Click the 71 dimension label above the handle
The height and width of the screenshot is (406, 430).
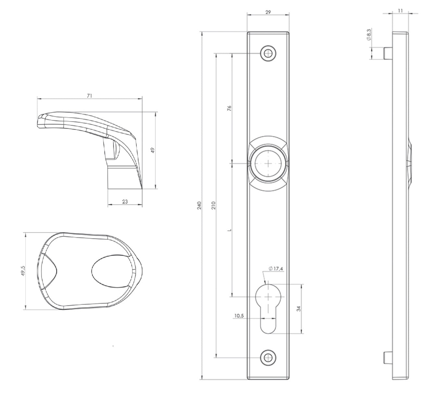(89, 96)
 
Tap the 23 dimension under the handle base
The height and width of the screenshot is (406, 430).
(125, 202)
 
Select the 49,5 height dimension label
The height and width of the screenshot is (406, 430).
(23, 271)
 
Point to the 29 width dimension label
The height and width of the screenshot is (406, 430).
(268, 12)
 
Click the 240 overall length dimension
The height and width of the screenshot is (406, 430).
(199, 205)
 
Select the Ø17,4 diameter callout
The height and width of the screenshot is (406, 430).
(276, 269)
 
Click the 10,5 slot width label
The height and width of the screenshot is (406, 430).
(239, 316)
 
